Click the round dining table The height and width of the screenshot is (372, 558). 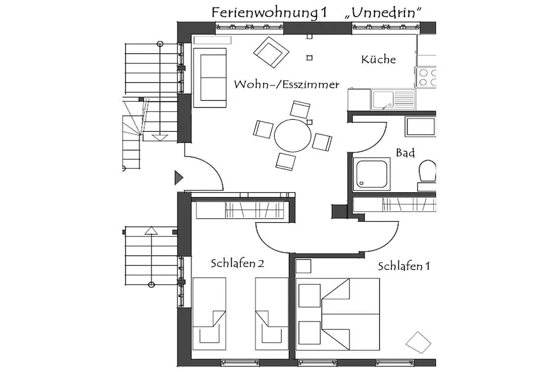tap(293, 136)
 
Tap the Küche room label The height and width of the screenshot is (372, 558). tap(378, 59)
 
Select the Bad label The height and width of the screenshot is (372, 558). tap(405, 153)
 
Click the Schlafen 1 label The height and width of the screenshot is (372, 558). tap(404, 266)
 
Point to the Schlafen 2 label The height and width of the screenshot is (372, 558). tap(238, 264)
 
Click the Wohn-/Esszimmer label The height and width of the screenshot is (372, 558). tap(287, 84)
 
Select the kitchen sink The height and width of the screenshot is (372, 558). tap(393, 99)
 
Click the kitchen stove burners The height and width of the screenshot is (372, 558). tap(426, 77)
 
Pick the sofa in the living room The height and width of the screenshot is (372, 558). tap(210, 78)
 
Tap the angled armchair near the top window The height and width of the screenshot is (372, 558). tap(271, 52)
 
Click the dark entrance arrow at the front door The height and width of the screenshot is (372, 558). tap(179, 178)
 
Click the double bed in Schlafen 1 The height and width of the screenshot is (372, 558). tap(338, 314)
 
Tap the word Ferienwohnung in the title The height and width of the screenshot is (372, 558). tap(265, 13)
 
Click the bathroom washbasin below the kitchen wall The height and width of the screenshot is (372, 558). tap(420, 126)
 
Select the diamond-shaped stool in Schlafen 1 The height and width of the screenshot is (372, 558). tap(418, 342)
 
